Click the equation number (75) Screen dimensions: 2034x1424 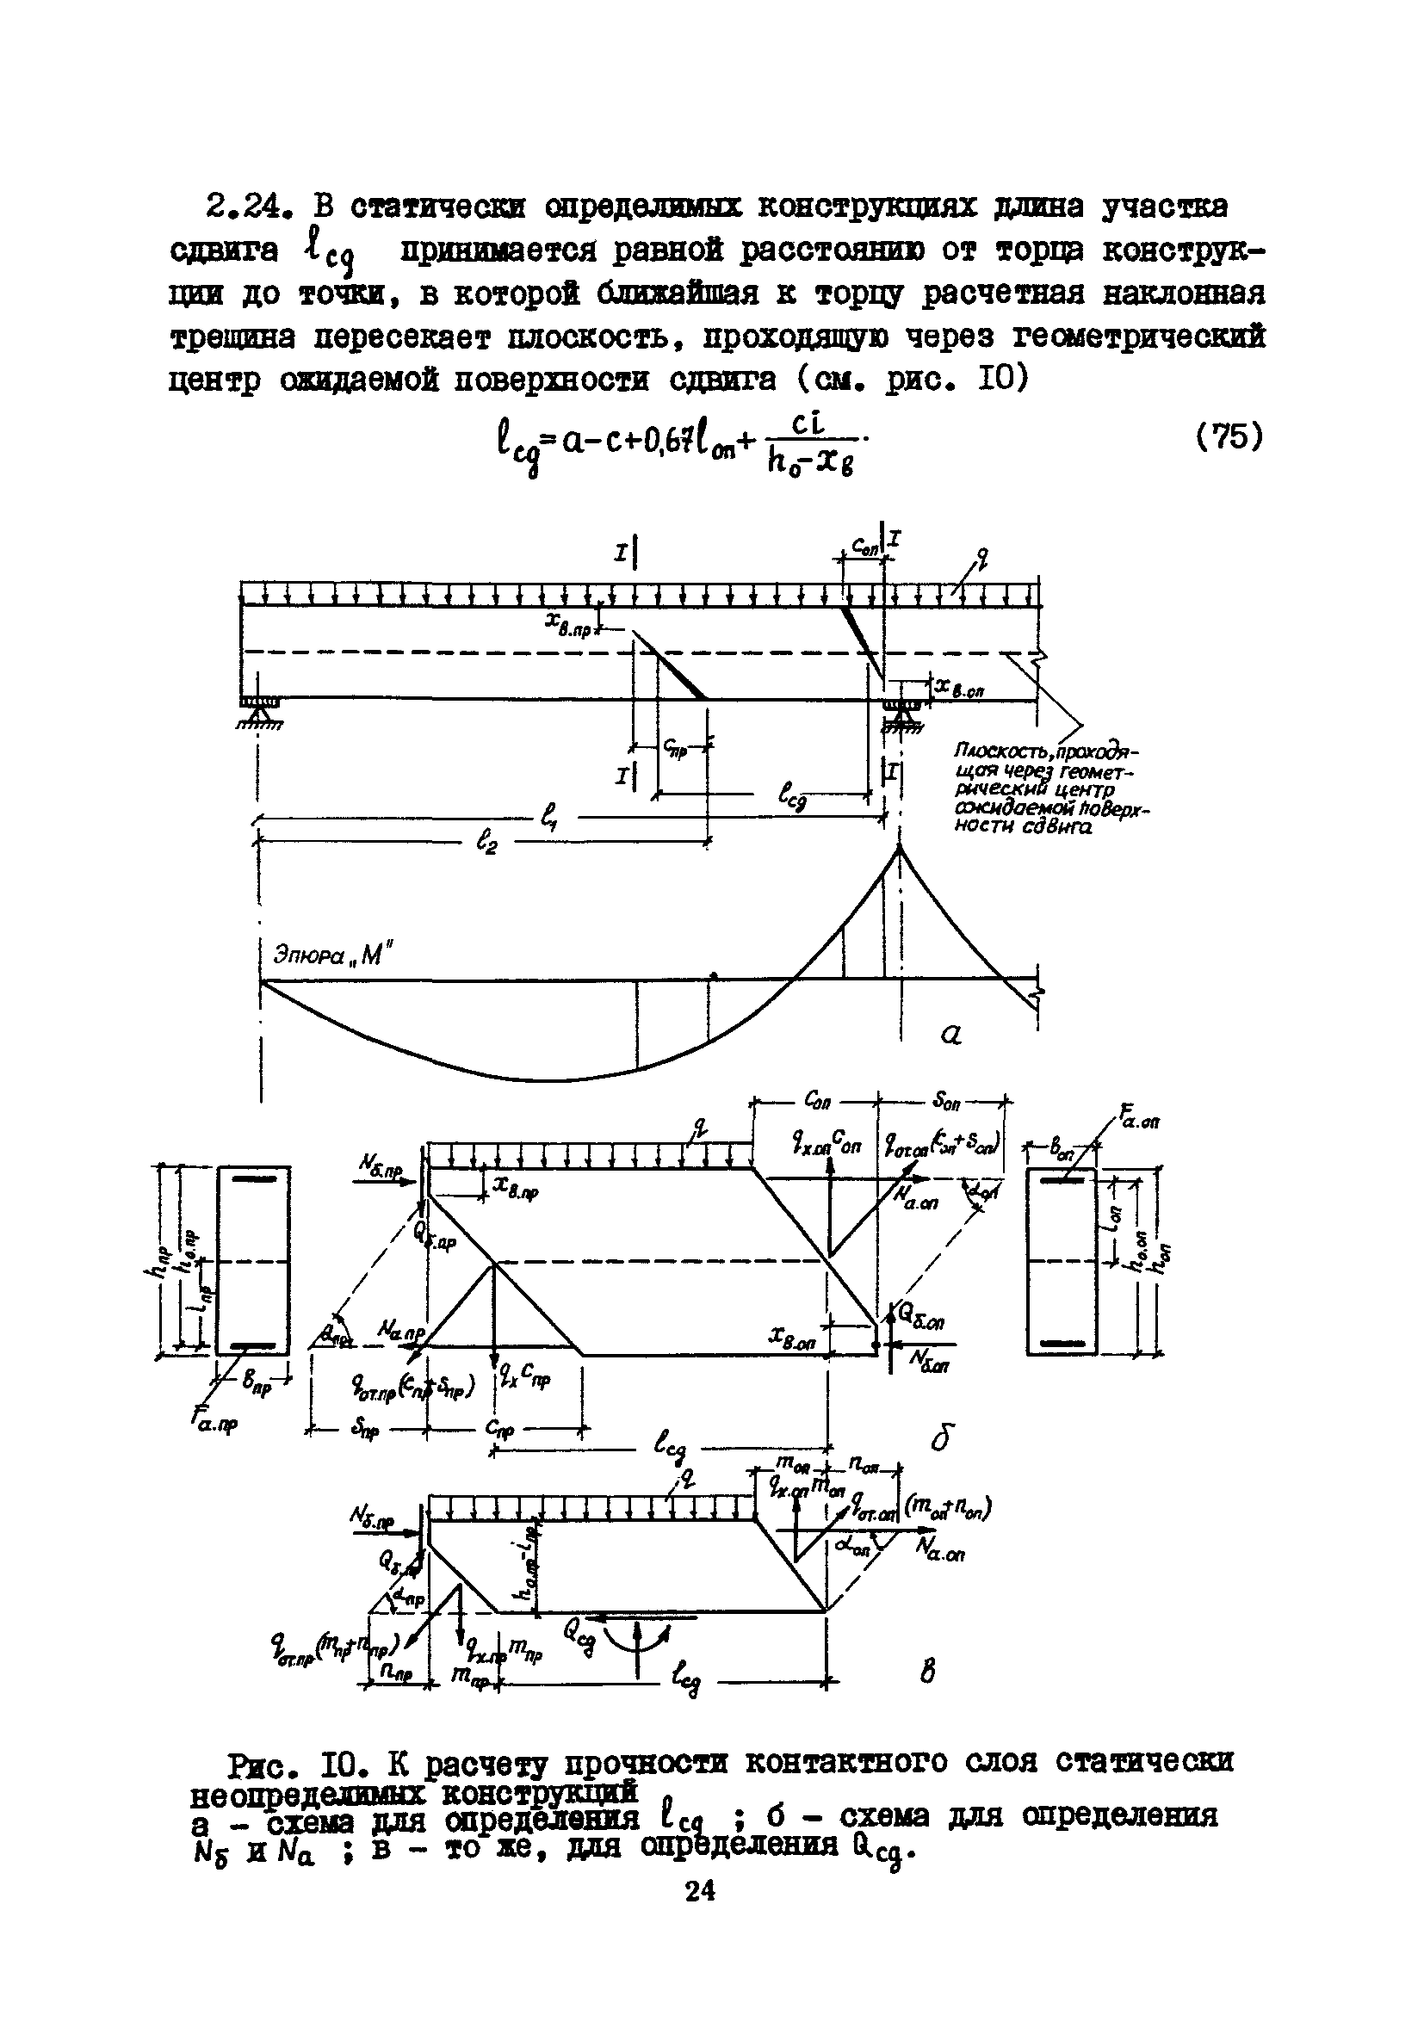coord(1229,437)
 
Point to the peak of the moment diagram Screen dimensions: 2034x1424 coord(900,850)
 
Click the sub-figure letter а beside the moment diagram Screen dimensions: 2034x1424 coord(951,1034)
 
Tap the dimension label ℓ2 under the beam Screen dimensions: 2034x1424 coord(486,844)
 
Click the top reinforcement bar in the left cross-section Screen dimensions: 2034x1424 coord(254,1179)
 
